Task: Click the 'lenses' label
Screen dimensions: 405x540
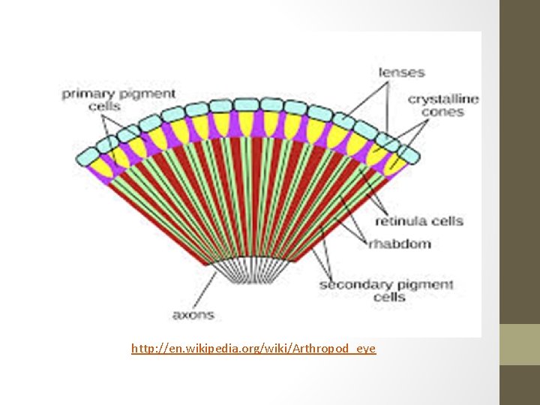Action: (x=401, y=73)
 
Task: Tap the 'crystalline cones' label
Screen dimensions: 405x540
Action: (x=443, y=106)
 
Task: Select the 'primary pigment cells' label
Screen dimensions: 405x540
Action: (x=118, y=100)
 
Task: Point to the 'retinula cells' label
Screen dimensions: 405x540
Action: (x=419, y=221)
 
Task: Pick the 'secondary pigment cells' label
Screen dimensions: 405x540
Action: (x=387, y=291)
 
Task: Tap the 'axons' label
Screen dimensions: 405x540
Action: (x=193, y=315)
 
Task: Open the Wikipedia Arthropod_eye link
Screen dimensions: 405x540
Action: (x=253, y=349)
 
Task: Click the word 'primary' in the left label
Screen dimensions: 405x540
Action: (x=87, y=94)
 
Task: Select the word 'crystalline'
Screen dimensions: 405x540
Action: (x=443, y=99)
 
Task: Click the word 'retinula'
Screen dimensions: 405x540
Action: (x=401, y=221)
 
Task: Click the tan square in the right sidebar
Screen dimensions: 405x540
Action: (x=520, y=344)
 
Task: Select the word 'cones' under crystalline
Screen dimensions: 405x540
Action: (x=443, y=112)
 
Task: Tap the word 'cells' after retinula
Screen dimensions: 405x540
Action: (x=446, y=221)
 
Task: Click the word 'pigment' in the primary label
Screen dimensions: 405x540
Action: (x=148, y=94)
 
